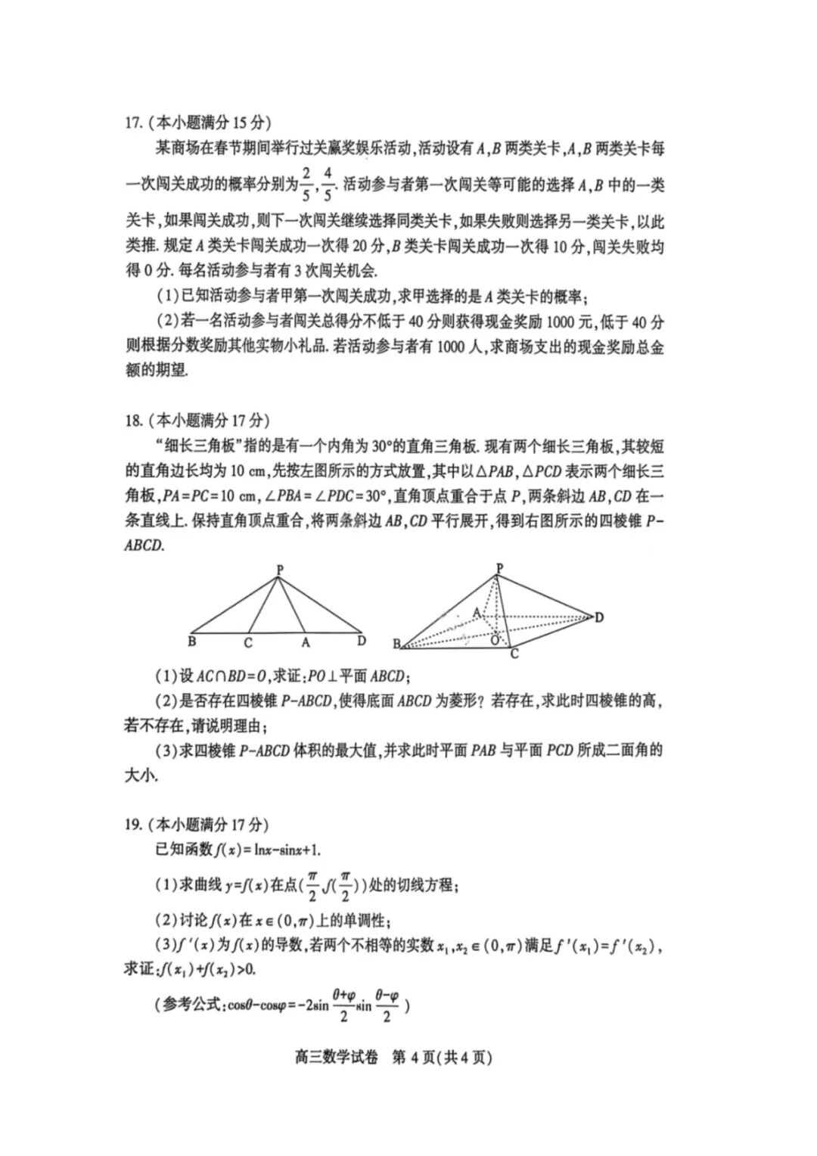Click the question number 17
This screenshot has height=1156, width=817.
pyautogui.click(x=133, y=122)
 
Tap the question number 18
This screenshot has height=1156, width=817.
pyautogui.click(x=133, y=420)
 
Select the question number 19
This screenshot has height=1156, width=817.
pyautogui.click(x=133, y=824)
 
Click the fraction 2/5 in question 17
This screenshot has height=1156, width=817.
pyautogui.click(x=306, y=185)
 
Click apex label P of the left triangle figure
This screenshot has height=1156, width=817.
pyautogui.click(x=280, y=569)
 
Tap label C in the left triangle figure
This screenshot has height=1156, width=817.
pyautogui.click(x=247, y=643)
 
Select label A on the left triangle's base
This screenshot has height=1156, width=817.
pyautogui.click(x=306, y=643)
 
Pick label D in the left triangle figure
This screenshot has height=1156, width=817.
pyautogui.click(x=362, y=641)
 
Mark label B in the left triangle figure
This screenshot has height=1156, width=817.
pyautogui.click(x=192, y=642)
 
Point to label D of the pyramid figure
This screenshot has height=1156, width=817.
pyautogui.click(x=599, y=617)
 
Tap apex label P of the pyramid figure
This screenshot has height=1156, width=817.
pyautogui.click(x=499, y=567)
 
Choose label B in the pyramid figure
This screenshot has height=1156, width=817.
pyautogui.click(x=396, y=644)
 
